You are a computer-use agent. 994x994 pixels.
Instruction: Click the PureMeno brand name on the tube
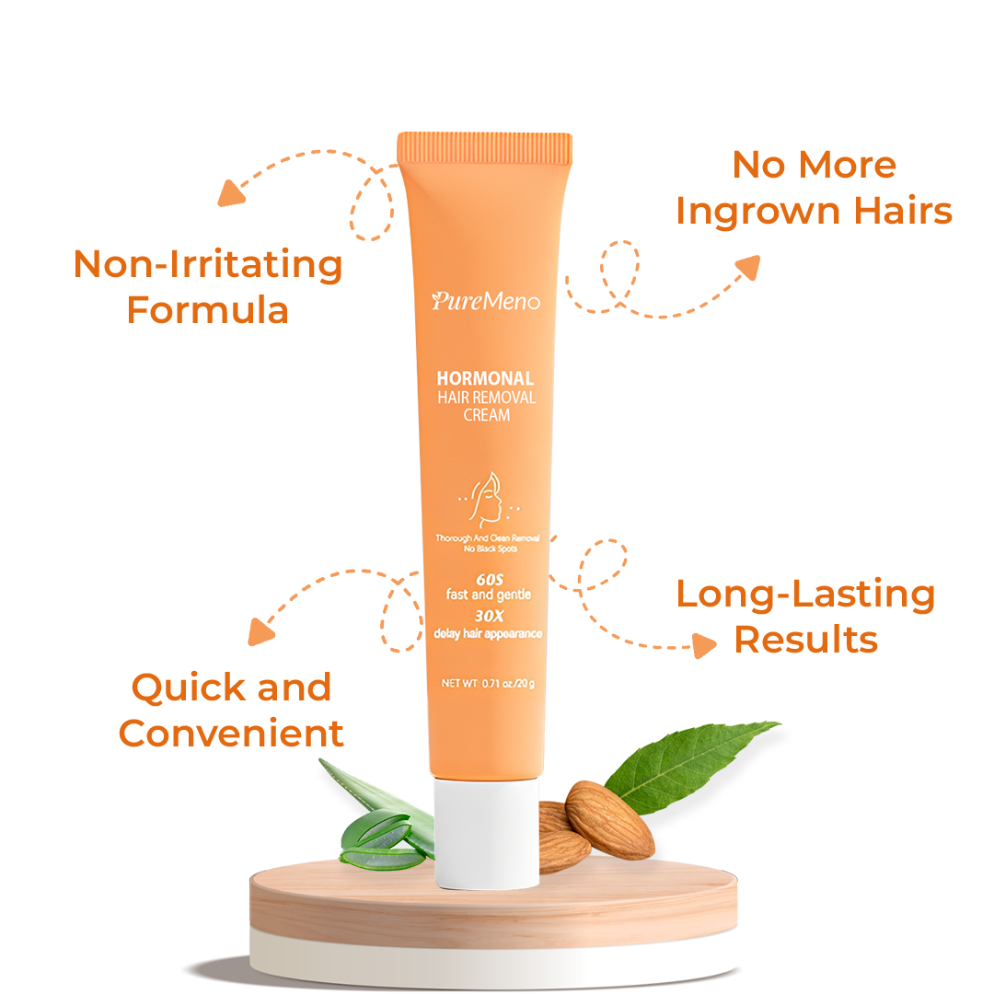[485, 301]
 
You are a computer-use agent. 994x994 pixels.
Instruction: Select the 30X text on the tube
[488, 618]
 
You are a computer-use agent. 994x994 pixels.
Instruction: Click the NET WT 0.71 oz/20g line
[488, 683]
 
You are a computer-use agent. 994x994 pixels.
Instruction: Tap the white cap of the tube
[486, 834]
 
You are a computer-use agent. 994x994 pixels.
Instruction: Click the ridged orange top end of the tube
[485, 148]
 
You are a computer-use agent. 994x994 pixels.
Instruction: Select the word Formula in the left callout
[207, 310]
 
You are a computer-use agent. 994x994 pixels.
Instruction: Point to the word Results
[805, 640]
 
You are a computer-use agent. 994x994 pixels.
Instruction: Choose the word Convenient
[231, 734]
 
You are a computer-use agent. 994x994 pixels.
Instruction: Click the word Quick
[177, 688]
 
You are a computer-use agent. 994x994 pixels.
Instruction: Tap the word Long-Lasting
[805, 594]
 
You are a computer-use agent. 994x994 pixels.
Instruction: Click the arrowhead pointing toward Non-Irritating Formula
[231, 192]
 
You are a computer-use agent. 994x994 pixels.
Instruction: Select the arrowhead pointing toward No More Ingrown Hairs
[747, 267]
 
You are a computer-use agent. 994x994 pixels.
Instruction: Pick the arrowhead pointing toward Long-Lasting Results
[704, 645]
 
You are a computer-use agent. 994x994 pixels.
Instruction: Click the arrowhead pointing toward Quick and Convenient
[261, 632]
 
